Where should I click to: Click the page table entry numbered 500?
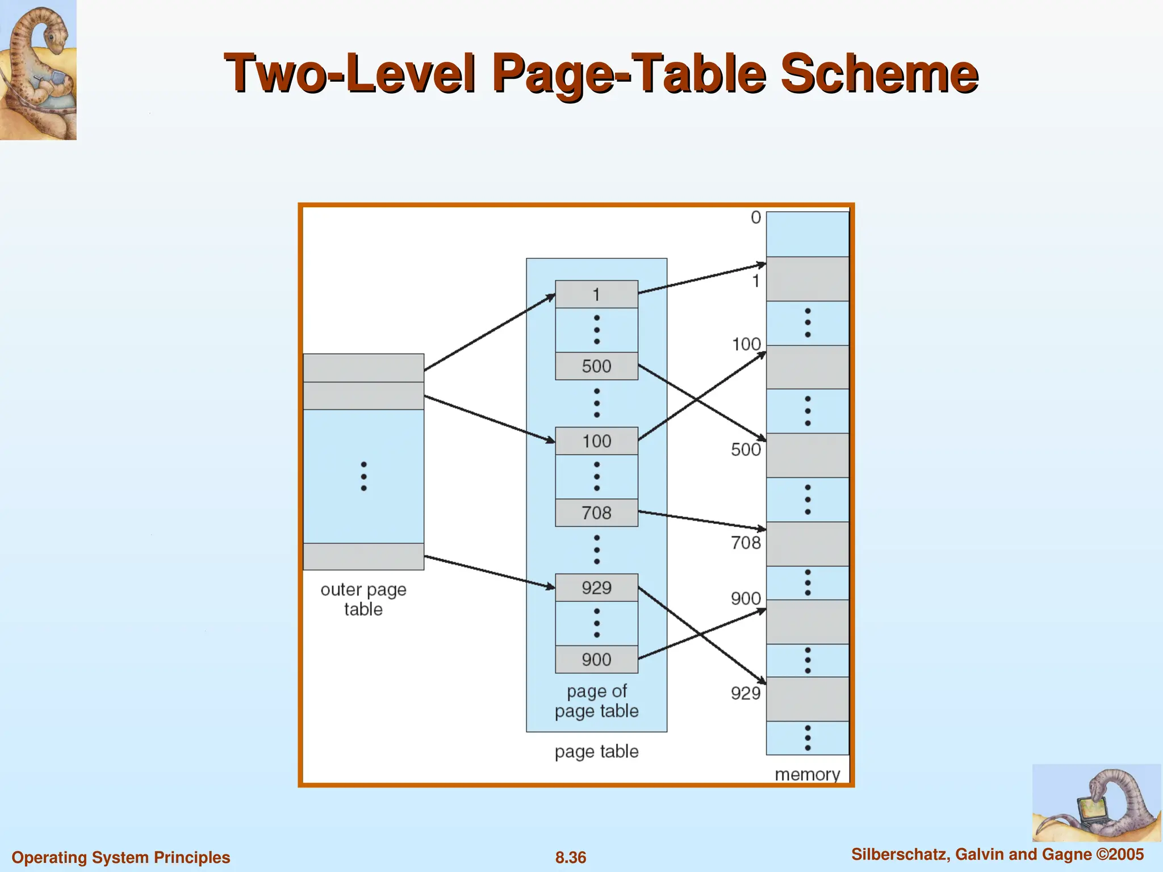596,366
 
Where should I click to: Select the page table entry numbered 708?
596,513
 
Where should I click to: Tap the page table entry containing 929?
596,588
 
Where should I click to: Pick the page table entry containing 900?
596,659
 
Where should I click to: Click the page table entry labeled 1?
596,295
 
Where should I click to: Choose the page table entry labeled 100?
596,441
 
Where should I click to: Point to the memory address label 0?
755,217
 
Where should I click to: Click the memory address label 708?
745,543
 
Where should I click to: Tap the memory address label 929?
745,693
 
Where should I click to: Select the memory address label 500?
745,450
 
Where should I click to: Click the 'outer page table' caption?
363,599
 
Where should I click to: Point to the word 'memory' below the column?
807,774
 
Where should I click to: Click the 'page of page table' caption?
596,701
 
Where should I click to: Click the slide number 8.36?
571,857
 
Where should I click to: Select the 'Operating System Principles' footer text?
121,857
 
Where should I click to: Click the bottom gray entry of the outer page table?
363,556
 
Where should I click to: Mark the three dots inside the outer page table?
363,476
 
